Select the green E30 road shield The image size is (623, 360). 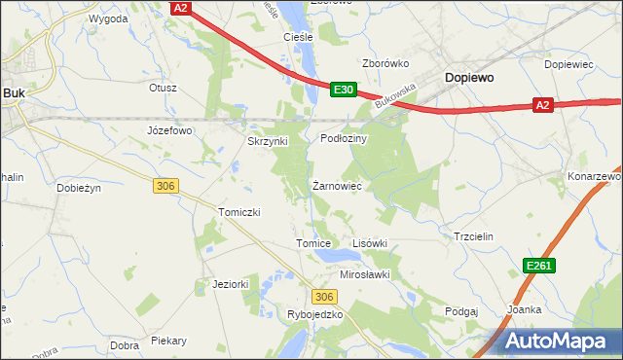pos(343,89)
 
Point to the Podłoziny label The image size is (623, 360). pos(343,139)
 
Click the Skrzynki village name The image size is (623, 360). pos(267,141)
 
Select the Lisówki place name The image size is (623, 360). pos(369,243)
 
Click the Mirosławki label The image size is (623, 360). pos(364,274)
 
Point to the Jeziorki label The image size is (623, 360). pos(231,284)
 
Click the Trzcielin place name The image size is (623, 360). pos(474,236)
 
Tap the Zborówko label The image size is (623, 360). pos(385,63)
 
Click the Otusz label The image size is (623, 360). pos(163,88)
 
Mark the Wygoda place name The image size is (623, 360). pos(108,18)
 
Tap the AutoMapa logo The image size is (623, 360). pos(556,341)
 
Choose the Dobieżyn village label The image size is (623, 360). pos(81,188)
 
